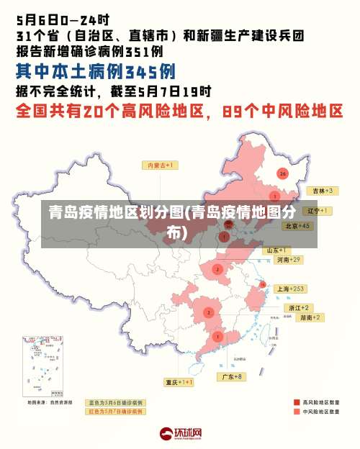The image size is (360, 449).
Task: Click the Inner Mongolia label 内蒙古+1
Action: coord(163,165)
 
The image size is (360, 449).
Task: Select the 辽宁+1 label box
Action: coord(318,211)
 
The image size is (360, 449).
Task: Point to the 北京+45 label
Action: coord(297,225)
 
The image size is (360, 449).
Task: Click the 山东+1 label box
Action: coord(279,250)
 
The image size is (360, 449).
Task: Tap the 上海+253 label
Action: coord(292,289)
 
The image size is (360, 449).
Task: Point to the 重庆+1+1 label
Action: coord(179,382)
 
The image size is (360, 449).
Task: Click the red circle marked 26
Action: coord(283,173)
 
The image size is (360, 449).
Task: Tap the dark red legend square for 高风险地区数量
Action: coord(297,402)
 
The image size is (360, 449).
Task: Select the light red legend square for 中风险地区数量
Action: coord(297,412)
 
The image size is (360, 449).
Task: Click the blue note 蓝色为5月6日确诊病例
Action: coord(115,403)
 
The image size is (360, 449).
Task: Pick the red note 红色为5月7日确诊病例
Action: coord(115,412)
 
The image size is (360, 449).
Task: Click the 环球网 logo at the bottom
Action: coord(180,434)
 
